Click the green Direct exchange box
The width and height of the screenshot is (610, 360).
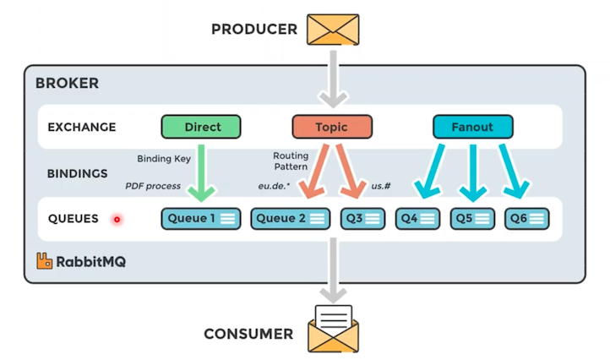[x=201, y=127]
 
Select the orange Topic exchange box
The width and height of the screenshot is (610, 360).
[x=332, y=127]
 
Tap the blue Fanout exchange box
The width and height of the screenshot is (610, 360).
[x=473, y=127]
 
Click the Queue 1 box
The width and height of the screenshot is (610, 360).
[x=200, y=219]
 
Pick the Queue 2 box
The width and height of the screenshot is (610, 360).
[x=290, y=219]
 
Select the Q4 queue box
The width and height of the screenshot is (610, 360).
[x=417, y=219]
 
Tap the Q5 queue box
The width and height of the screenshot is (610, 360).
[x=472, y=219]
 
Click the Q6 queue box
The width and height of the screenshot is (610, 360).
[x=527, y=219]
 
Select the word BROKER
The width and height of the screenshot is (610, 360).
[x=67, y=84]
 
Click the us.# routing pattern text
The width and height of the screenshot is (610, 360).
[x=381, y=186]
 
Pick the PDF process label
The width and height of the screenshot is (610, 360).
[x=153, y=186]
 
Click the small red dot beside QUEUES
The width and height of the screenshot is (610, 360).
[x=117, y=220]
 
